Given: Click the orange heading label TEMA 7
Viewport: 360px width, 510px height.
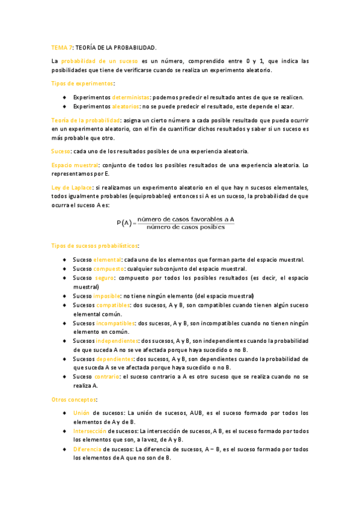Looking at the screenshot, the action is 61,47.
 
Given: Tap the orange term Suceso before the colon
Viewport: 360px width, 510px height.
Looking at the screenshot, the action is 60,150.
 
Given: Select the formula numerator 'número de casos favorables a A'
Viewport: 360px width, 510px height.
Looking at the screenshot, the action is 185,220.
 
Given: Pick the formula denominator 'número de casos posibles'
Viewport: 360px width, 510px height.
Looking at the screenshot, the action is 185,227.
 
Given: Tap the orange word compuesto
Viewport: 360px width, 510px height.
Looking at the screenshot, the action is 109,269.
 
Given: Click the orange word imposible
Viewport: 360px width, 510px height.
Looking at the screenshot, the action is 107,296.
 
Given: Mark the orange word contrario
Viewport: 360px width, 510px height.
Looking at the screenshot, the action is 107,376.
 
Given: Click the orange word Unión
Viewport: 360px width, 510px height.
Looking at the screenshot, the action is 81,413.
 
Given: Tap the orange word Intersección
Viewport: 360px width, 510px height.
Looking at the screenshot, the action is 90,431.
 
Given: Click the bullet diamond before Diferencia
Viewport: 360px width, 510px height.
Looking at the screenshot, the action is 64,449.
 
